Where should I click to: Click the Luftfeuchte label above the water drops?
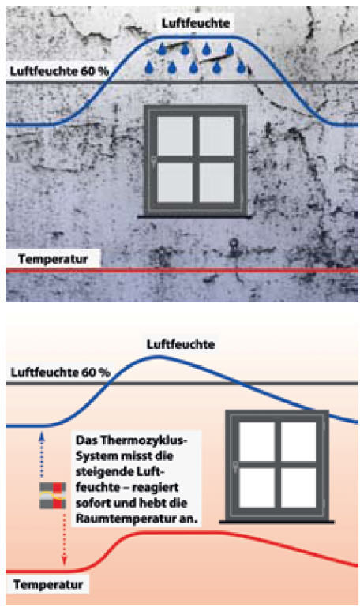point(196,23)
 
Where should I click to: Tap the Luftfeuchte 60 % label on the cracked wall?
point(59,71)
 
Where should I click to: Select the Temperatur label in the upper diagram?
point(53,259)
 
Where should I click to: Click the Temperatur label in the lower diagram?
point(48,584)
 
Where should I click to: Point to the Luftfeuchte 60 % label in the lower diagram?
point(60,372)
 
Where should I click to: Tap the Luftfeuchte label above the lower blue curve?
point(180,344)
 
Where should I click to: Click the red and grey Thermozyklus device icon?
point(53,495)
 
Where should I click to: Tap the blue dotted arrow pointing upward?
point(42,455)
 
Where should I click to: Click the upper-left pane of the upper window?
point(175,136)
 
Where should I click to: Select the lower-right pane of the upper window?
point(216,182)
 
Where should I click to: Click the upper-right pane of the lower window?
point(298,441)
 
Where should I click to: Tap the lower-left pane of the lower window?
point(257,488)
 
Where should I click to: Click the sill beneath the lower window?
point(276,521)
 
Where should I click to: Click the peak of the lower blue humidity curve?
point(157,356)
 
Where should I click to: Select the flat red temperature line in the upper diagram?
point(182,271)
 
